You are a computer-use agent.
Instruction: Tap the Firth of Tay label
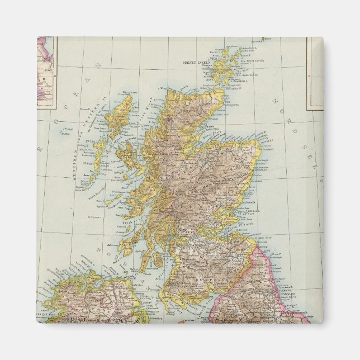(248, 209)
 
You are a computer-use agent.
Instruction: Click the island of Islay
(125, 246)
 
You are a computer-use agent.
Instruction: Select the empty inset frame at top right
(315, 73)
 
